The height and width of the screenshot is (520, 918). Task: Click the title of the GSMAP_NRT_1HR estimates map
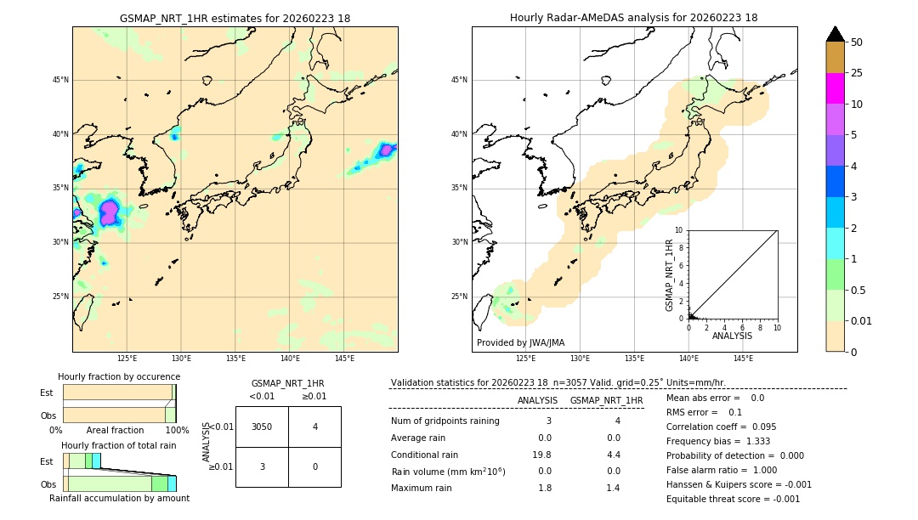pos(235,18)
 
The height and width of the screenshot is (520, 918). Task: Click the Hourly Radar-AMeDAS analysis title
pos(633,18)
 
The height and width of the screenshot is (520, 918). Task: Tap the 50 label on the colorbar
pos(857,42)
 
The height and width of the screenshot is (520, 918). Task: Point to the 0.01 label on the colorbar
pos(861,320)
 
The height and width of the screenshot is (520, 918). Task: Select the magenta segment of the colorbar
pos(835,88)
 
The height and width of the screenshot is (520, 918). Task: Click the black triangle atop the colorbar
pos(835,34)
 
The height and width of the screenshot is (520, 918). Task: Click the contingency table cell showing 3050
pos(262,427)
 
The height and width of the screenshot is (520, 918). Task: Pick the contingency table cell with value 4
pos(314,427)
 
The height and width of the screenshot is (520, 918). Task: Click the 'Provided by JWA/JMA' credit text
pos(520,342)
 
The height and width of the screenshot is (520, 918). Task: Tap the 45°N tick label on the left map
pos(60,80)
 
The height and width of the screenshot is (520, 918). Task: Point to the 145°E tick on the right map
pos(743,359)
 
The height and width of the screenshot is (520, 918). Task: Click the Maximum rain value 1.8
pos(545,488)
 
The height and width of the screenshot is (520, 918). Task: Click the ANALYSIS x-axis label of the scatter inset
pos(732,336)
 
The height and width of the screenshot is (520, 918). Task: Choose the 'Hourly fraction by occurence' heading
pos(119,376)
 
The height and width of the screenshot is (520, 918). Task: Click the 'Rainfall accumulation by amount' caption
pos(119,498)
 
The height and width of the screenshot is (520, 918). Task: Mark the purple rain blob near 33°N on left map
pos(109,212)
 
